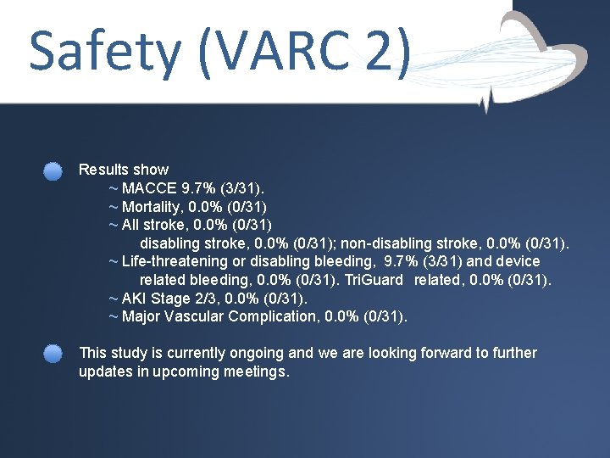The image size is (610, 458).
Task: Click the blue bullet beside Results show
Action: tap(53, 171)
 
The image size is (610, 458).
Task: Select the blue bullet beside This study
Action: tap(53, 354)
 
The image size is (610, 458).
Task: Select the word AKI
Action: tap(136, 299)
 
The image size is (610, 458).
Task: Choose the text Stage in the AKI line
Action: tap(172, 299)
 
